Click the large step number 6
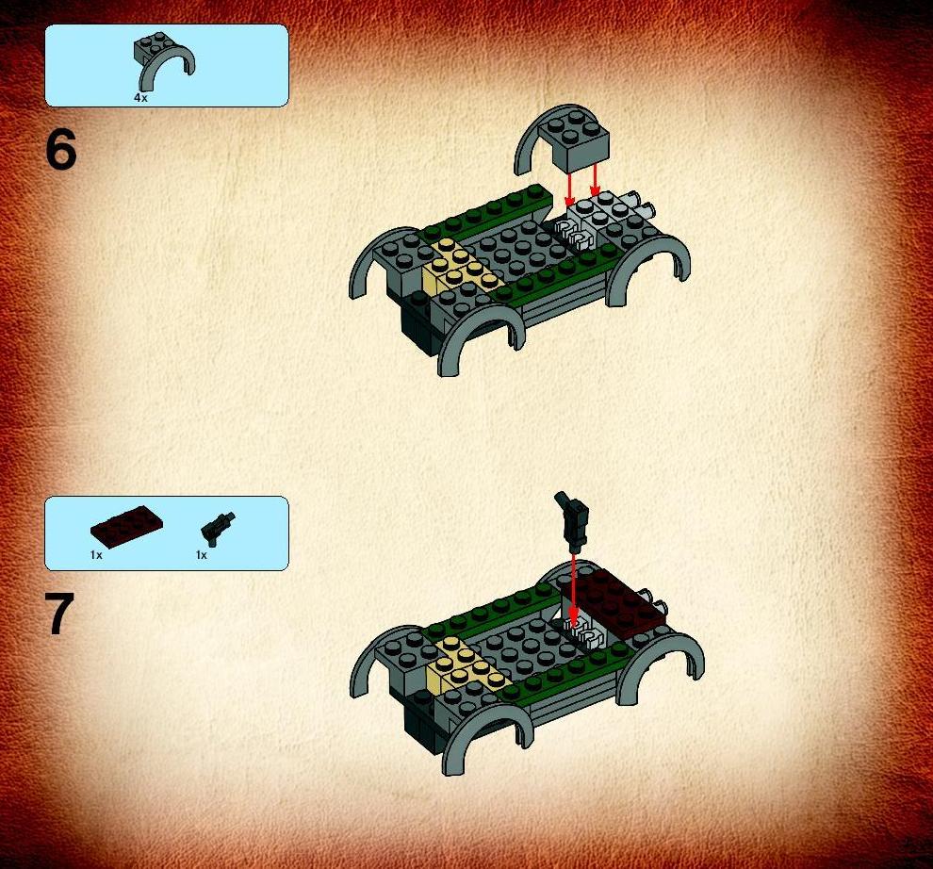tap(60, 150)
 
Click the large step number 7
tap(59, 614)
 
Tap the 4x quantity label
tap(140, 98)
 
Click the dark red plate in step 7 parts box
tap(126, 526)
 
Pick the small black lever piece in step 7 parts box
tap(218, 528)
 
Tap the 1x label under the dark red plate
tap(96, 555)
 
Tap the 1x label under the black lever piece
tap(202, 555)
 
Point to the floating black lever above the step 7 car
tap(573, 521)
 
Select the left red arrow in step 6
tap(570, 189)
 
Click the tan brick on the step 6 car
tap(459, 268)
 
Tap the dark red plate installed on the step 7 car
tap(613, 601)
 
